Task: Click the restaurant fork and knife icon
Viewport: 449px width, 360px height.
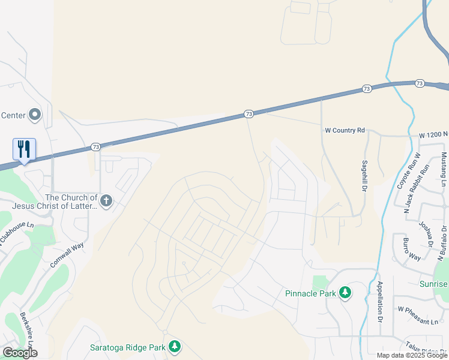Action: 24,148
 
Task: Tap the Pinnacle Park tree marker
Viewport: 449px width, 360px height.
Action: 345,293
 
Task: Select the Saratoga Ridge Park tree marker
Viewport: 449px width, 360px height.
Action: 174,347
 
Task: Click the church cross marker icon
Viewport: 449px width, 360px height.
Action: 106,200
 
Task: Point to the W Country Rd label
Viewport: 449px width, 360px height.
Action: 345,130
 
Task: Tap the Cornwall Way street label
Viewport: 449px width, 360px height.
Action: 66,254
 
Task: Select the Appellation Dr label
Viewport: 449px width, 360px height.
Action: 380,301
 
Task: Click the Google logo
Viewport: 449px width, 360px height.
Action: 20,353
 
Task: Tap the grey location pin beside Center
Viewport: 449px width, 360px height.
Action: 35,114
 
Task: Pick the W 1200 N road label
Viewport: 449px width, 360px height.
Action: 433,136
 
